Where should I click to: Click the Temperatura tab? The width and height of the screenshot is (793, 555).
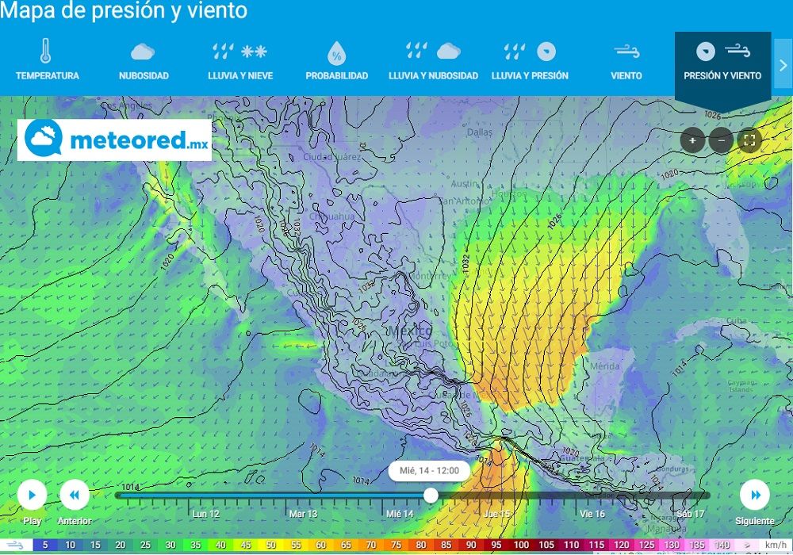pos(47,61)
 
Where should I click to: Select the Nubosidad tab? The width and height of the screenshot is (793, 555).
pos(144,61)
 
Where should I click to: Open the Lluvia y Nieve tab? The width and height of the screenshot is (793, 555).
pos(239,61)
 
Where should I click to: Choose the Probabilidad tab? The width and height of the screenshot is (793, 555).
pos(337,61)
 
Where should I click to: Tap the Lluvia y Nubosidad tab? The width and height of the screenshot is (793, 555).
pos(433,61)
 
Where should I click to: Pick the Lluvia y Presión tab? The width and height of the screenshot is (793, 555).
pos(530,61)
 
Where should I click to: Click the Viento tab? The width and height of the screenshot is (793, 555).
pos(626,61)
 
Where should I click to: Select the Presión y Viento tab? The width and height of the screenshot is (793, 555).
pos(722,61)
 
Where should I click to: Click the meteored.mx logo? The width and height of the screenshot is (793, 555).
pos(115,140)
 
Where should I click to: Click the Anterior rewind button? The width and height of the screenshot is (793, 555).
pos(75,496)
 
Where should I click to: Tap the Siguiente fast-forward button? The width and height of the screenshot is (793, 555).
pos(754,496)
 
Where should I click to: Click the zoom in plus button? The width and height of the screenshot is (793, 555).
pos(692,141)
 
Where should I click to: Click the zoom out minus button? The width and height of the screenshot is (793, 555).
pos(721,141)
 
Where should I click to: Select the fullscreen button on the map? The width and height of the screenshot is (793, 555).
pos(749,141)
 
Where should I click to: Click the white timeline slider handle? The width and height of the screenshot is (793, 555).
pos(431,496)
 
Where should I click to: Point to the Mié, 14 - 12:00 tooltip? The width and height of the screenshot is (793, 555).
pos(429,470)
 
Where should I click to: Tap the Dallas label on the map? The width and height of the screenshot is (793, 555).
pos(480,133)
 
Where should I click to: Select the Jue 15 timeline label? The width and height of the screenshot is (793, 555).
pos(496,514)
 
